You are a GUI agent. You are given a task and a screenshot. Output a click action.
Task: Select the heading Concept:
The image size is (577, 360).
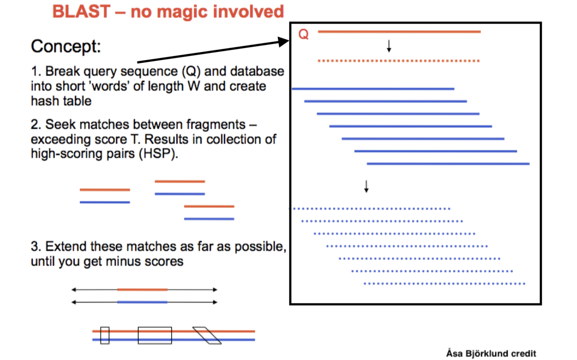pos(66,46)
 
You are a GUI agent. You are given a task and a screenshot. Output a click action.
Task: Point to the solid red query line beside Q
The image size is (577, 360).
pos(399,32)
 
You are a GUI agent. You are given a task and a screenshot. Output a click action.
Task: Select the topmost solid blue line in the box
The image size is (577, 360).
pos(373,89)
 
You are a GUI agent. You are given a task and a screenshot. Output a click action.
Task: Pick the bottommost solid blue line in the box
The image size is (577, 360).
pos(448,164)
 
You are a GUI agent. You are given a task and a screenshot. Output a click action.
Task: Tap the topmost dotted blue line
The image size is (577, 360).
pos(370,209)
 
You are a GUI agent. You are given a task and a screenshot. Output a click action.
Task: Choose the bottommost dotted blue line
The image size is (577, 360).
pos(445,283)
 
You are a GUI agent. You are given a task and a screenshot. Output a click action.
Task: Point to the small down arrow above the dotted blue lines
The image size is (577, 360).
pos(367,186)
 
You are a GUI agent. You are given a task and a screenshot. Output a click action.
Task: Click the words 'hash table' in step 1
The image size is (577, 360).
pos(61,101)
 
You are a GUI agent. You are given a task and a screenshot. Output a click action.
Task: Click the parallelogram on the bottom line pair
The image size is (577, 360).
pos(207,335)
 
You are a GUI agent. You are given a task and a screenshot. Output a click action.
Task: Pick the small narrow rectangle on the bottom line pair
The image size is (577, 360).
pos(105,335)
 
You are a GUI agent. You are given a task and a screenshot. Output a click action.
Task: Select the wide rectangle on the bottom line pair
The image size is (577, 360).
pos(155,335)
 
